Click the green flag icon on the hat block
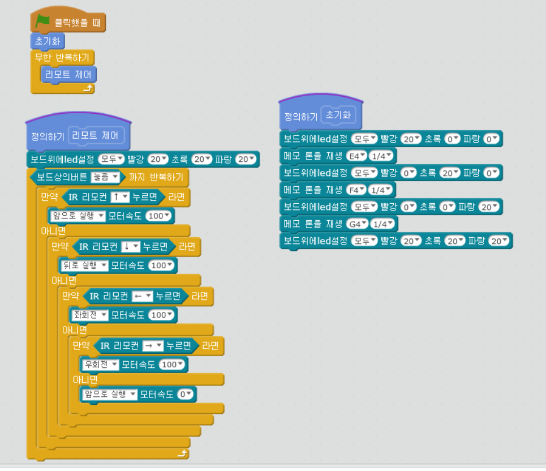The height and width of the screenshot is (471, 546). click(x=42, y=22)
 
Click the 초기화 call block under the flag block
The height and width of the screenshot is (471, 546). click(x=48, y=41)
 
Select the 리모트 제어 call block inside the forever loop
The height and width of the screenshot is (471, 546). click(x=68, y=75)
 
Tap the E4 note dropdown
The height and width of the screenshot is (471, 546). click(x=356, y=156)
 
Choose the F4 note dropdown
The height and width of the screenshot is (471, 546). click(x=356, y=190)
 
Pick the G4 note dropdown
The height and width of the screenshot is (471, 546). click(x=357, y=224)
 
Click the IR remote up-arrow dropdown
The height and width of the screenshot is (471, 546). click(x=120, y=197)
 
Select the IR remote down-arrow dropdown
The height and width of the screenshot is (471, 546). click(x=131, y=247)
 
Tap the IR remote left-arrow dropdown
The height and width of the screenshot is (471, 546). click(x=142, y=297)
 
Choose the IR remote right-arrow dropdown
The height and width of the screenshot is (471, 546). click(x=153, y=346)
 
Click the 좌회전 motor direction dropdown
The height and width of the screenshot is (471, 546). click(x=90, y=315)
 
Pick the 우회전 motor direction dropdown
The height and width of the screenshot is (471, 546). click(x=101, y=365)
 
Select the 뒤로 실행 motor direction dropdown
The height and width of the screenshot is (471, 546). click(x=84, y=266)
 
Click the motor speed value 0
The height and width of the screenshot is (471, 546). click(x=185, y=395)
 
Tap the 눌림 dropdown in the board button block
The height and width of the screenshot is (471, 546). click(x=105, y=177)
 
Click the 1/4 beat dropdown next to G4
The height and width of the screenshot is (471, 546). click(x=382, y=224)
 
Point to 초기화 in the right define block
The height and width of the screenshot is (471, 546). click(x=338, y=115)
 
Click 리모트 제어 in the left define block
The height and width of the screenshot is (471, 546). click(x=95, y=135)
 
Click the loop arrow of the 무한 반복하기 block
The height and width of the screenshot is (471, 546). click(x=88, y=88)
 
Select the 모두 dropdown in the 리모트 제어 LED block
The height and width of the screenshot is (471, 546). click(x=111, y=160)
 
